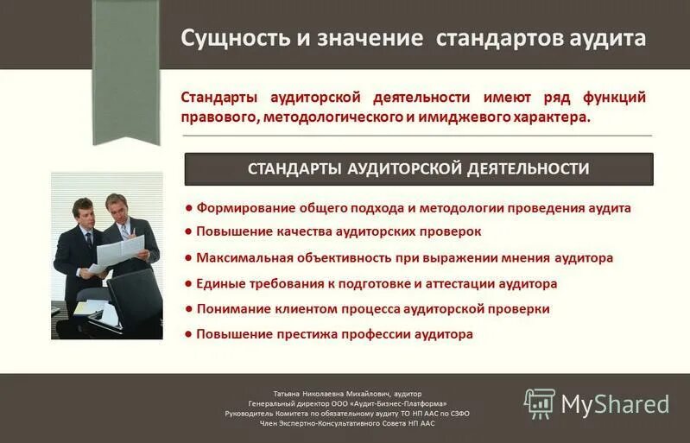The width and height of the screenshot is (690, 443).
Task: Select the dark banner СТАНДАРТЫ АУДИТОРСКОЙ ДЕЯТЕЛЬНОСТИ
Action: (419, 168)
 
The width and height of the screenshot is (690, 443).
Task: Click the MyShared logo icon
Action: (539, 403)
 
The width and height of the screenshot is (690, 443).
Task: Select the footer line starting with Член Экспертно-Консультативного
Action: (347, 425)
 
